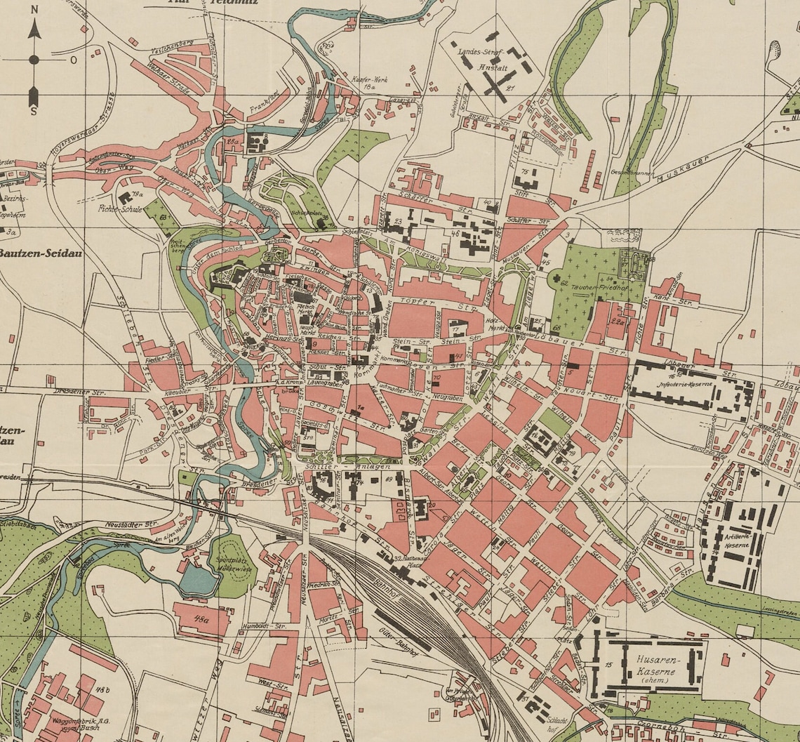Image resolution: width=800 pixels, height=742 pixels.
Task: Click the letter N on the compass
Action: (x=34, y=30)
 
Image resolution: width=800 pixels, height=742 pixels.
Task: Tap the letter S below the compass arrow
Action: (x=34, y=111)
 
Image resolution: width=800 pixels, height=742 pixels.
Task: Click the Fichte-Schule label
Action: (x=120, y=208)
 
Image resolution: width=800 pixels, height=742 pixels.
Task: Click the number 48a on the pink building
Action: (x=202, y=618)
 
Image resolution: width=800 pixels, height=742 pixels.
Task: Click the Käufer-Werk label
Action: (x=369, y=80)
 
